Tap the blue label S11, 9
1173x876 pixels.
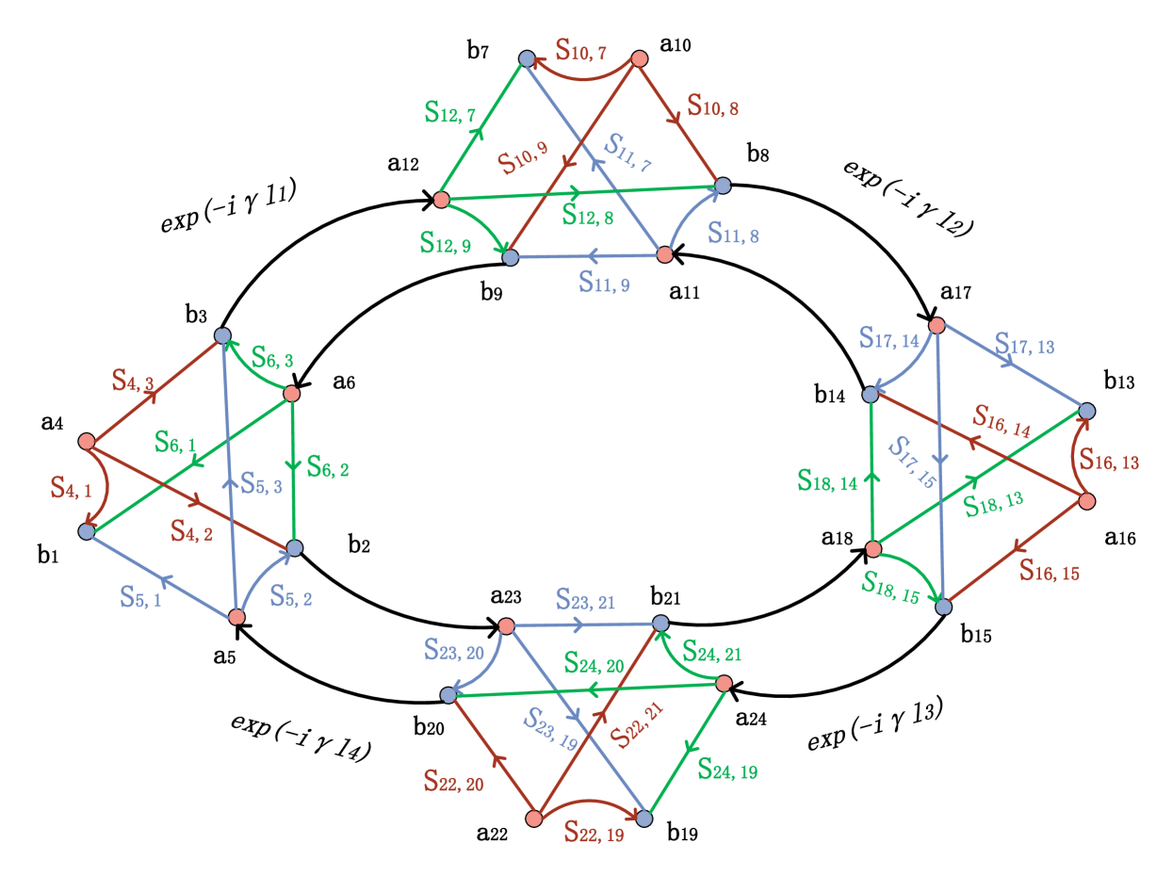point(604,282)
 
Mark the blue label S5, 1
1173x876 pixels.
point(140,596)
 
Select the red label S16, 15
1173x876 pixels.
point(1049,570)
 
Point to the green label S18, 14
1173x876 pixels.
point(827,480)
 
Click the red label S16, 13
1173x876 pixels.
point(1109,461)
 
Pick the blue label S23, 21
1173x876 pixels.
point(585,599)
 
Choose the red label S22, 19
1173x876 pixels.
point(594,832)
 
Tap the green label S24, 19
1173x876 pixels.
point(727,770)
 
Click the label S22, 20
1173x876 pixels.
point(453,780)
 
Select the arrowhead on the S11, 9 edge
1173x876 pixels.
point(590,255)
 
